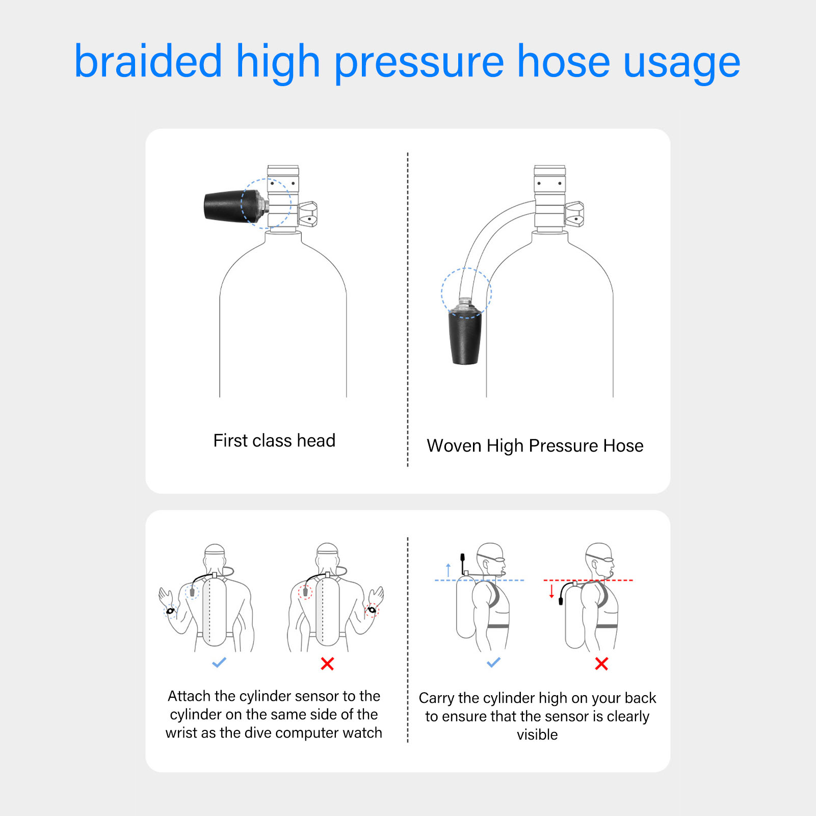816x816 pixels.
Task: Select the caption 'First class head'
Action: (274, 440)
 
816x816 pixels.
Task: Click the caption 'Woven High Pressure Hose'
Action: (535, 445)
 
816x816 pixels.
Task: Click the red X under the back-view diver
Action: (327, 664)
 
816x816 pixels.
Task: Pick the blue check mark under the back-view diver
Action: (219, 663)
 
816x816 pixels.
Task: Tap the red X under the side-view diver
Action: (601, 664)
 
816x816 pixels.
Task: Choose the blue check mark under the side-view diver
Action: (493, 663)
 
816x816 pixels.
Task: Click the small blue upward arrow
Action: (449, 570)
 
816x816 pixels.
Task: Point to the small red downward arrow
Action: (551, 591)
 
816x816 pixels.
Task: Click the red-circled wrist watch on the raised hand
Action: (372, 610)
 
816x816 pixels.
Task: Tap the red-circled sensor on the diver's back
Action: (305, 592)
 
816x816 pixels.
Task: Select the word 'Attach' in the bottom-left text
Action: (189, 696)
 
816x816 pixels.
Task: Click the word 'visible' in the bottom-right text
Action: (537, 734)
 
